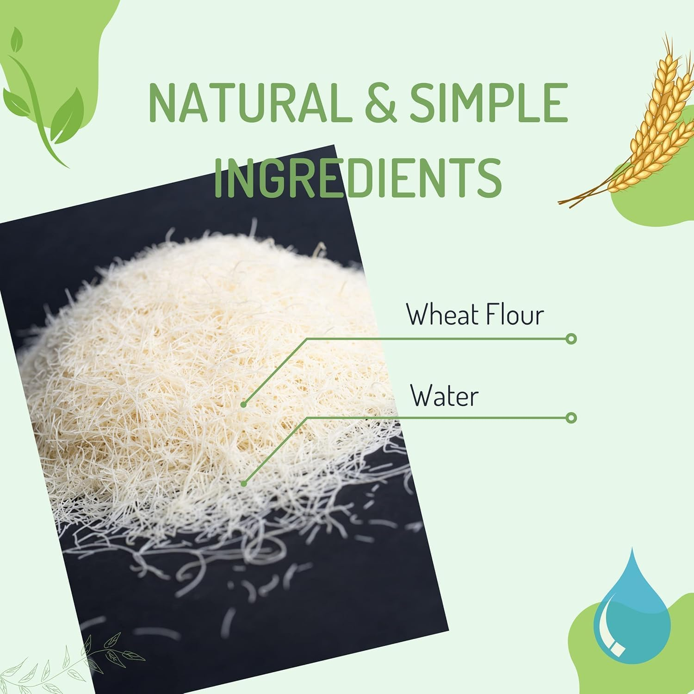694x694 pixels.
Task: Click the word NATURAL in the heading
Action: [x=248, y=102]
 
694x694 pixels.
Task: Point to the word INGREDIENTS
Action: [x=358, y=178]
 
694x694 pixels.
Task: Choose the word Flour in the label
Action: [x=508, y=315]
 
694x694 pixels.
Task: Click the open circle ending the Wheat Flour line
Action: [x=571, y=339]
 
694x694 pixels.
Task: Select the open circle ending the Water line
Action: [x=571, y=418]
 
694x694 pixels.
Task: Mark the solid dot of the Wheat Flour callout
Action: [x=243, y=405]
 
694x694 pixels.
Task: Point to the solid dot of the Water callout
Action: [x=244, y=483]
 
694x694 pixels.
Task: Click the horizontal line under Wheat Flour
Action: [x=437, y=339]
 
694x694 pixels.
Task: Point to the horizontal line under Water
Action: [x=437, y=418]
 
